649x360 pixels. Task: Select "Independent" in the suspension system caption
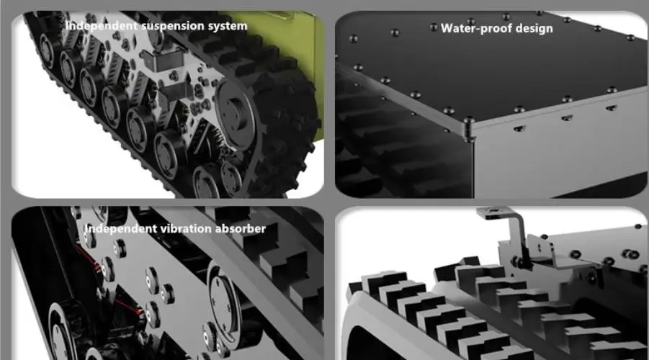(100, 26)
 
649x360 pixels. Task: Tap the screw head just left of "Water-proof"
(434, 27)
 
